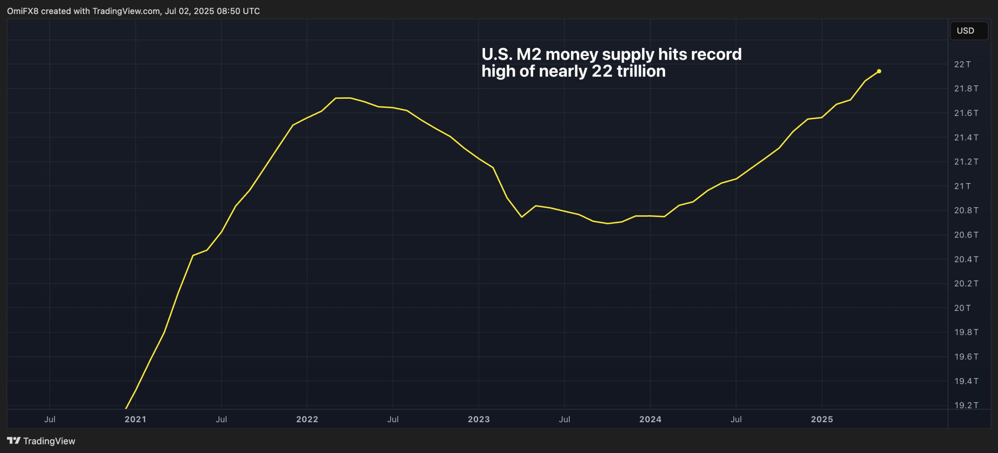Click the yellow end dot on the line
879,71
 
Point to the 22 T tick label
962,64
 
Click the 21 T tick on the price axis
962,186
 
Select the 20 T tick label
962,308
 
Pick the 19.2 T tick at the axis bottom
966,405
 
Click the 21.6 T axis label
966,113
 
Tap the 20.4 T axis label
966,259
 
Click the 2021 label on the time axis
135,419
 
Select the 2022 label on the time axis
307,419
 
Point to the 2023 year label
478,419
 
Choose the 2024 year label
650,419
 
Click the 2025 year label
821,419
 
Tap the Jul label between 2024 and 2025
736,419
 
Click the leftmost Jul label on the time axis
50,419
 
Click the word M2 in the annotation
529,54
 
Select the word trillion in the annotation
641,71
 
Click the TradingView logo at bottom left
41,441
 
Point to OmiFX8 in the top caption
23,11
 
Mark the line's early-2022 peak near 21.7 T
343,98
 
